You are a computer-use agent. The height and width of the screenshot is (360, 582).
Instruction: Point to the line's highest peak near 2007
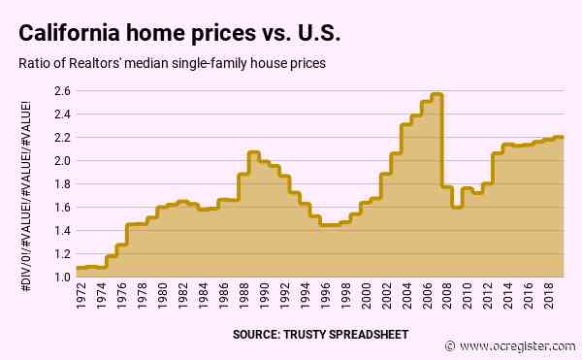[x=437, y=94]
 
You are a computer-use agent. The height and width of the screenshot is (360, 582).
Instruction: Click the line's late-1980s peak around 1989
[x=253, y=152]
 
